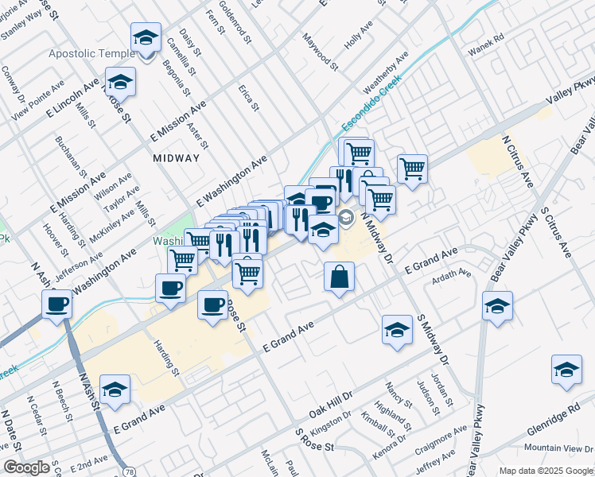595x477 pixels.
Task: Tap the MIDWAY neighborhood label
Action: (177, 157)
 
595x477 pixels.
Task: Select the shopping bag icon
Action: (340, 278)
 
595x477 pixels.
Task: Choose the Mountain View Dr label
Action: (560, 448)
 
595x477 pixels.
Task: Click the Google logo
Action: (26, 467)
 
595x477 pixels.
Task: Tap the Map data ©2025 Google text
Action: (546, 471)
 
